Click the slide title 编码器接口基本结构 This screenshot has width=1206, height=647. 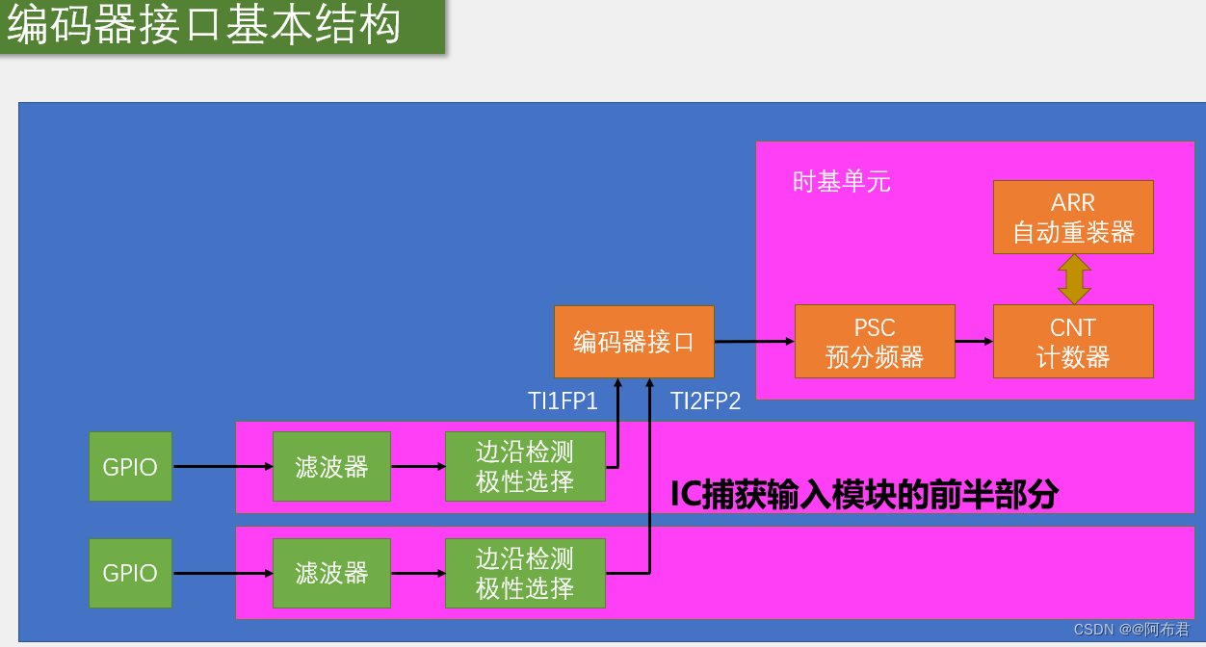click(x=204, y=26)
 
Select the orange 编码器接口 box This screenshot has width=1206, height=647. click(x=634, y=342)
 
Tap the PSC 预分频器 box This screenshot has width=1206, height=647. click(x=875, y=342)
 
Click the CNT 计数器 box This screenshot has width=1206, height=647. click(x=1073, y=342)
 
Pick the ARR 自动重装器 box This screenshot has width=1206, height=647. click(x=1073, y=218)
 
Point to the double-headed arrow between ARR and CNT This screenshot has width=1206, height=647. click(x=1073, y=279)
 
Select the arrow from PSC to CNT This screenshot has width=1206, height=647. click(x=974, y=341)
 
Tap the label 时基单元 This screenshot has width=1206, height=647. click(x=841, y=181)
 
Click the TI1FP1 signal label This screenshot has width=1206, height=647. click(x=563, y=401)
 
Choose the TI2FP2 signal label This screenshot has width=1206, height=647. click(x=705, y=401)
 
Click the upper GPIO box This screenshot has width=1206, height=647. click(x=130, y=467)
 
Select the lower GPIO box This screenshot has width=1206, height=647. click(x=130, y=573)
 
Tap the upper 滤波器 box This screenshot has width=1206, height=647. click(x=331, y=467)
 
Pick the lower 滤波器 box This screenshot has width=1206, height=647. click(x=331, y=573)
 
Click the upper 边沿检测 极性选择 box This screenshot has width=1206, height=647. click(x=525, y=467)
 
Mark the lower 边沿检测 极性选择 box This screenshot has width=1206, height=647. click(x=525, y=573)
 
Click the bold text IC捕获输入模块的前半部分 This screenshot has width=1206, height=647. click(x=864, y=495)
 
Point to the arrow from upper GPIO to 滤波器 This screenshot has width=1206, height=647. click(x=223, y=467)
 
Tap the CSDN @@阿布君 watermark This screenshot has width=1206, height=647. click(x=1131, y=630)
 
